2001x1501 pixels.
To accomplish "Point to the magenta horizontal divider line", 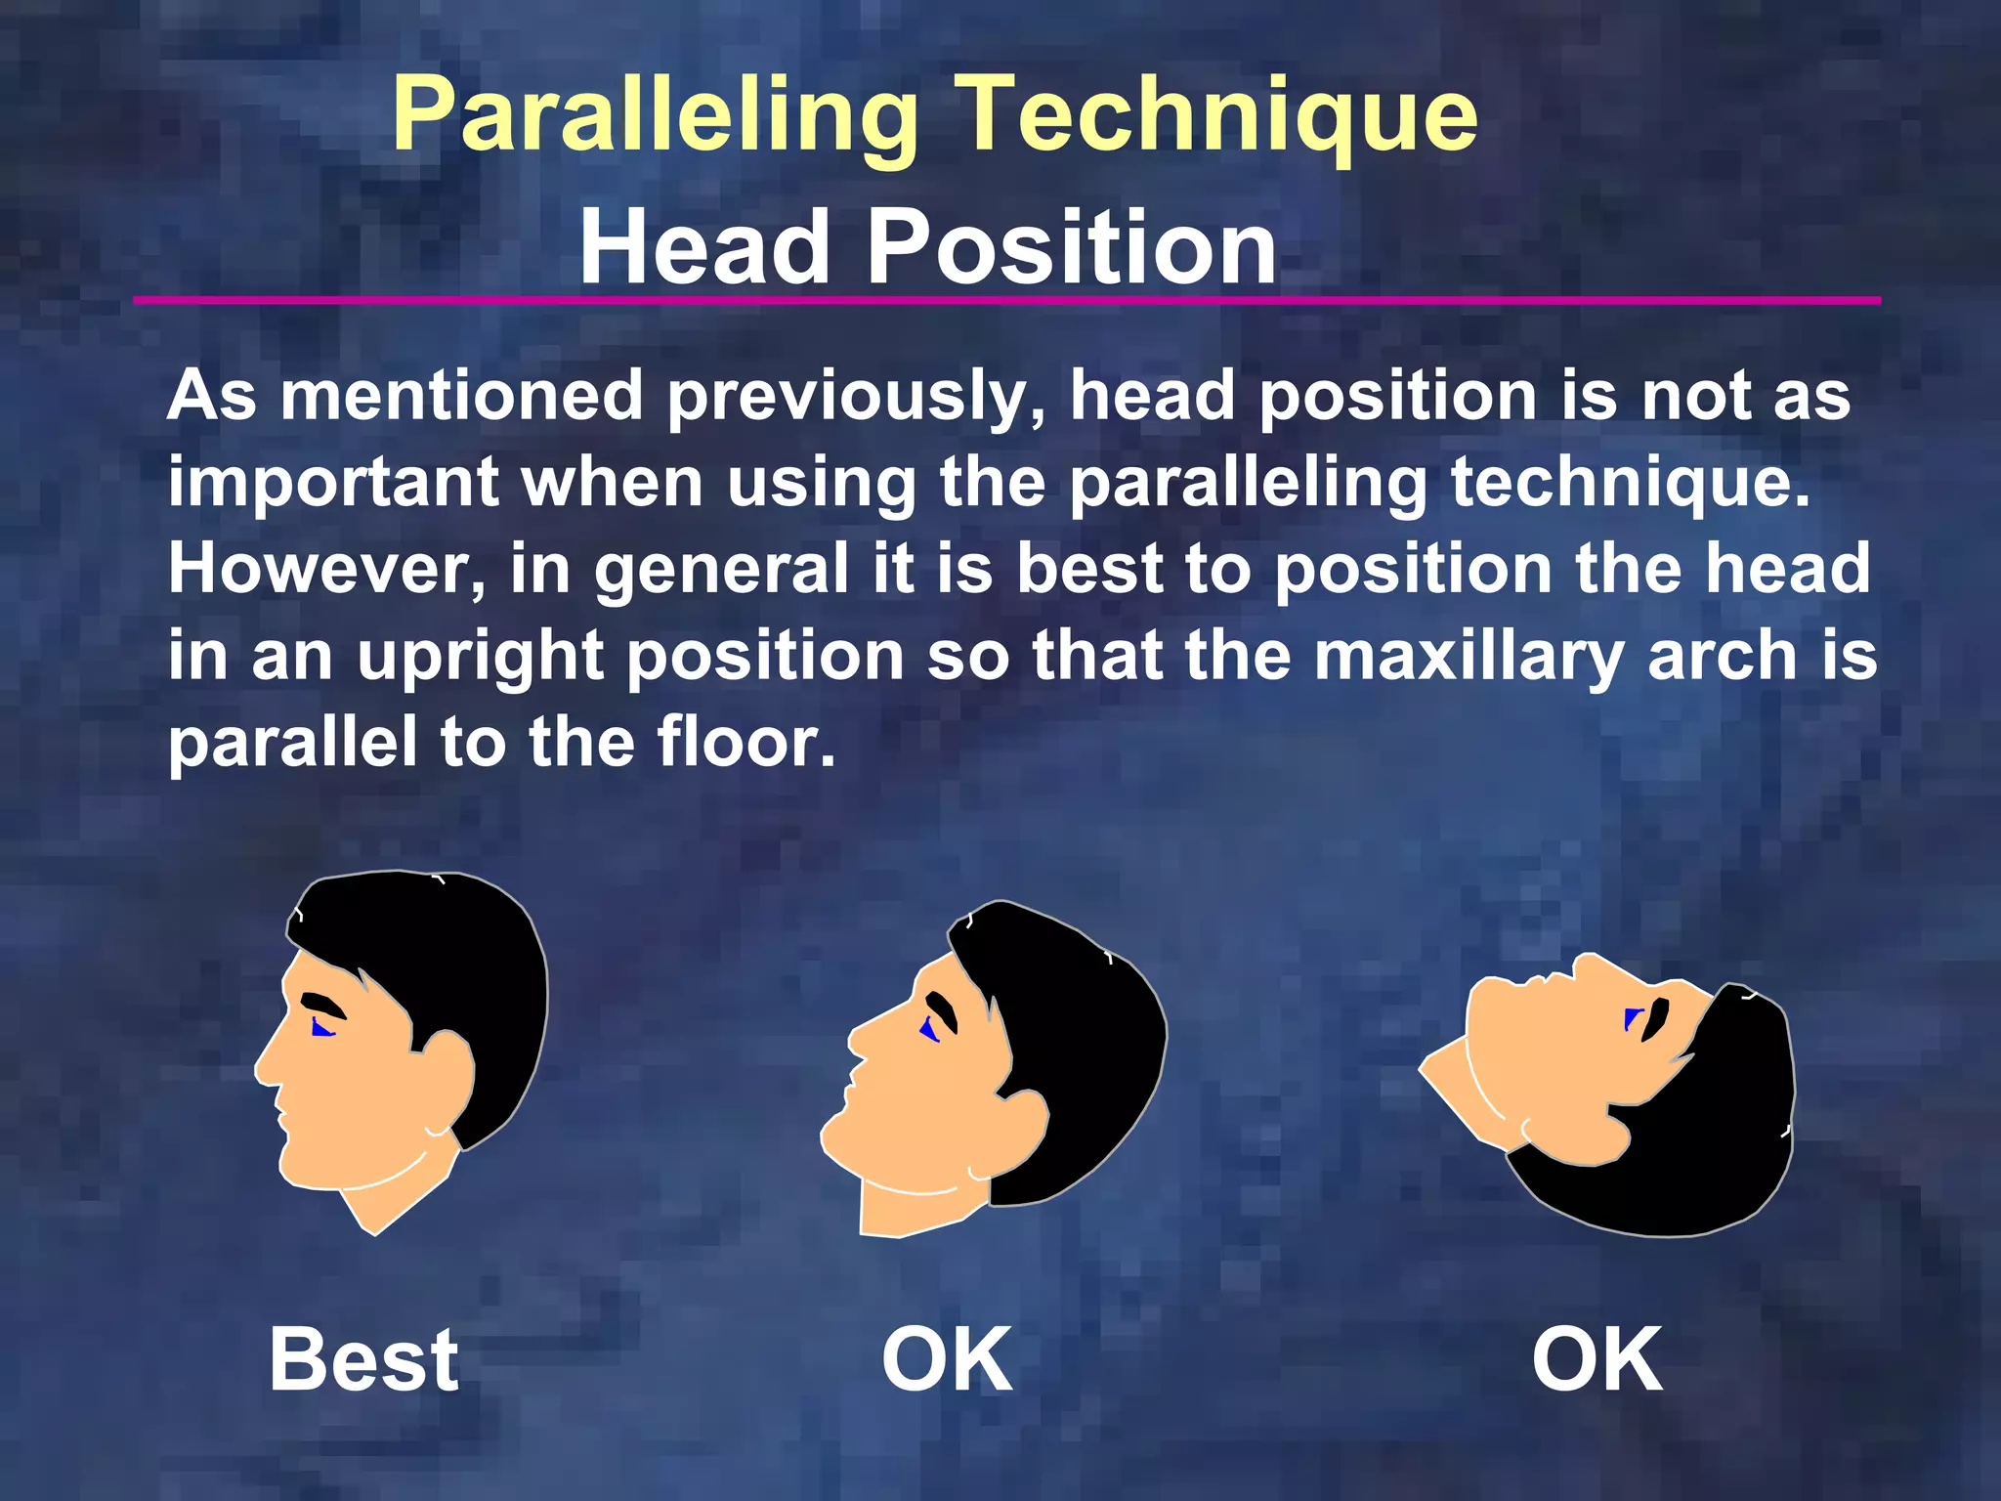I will point(1006,300).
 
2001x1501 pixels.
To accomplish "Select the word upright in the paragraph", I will point(480,657).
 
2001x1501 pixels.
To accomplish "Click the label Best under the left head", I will point(363,1359).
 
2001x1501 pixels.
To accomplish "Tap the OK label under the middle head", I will point(947,1359).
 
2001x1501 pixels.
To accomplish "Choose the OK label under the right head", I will point(1597,1359).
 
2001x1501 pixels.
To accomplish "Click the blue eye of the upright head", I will point(321,1027).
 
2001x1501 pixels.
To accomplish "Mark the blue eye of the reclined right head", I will point(1630,1019).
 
